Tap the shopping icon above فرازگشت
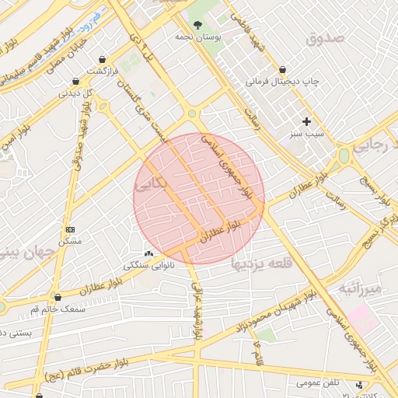coord(103,60)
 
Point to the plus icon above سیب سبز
coord(306,121)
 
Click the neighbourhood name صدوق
coord(324,38)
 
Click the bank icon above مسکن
coord(71,229)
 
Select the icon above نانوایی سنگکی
coord(148,253)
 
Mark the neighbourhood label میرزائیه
coord(360,291)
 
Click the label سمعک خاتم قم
coord(58,309)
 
